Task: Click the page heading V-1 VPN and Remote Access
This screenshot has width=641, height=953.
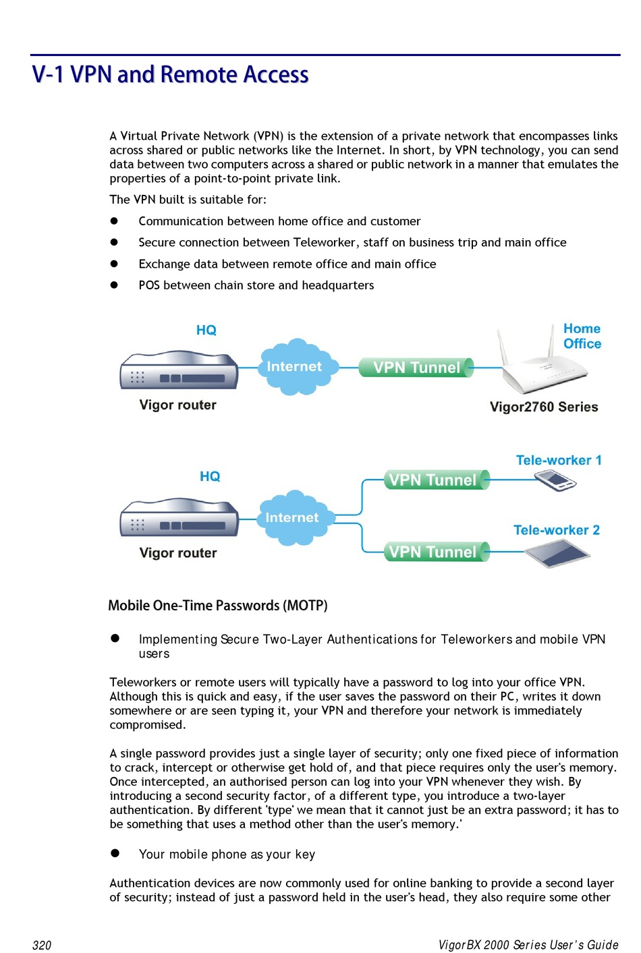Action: (170, 74)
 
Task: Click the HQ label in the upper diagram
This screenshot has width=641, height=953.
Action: (206, 330)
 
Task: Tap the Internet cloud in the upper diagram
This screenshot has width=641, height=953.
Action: (294, 367)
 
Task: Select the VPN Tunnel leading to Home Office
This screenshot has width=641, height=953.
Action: (416, 368)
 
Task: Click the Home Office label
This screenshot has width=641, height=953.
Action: (582, 336)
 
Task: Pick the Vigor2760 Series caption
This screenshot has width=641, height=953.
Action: (543, 407)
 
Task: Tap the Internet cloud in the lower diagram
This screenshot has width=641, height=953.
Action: (291, 517)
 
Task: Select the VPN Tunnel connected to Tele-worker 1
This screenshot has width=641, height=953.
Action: (433, 480)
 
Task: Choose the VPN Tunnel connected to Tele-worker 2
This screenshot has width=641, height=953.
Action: (433, 552)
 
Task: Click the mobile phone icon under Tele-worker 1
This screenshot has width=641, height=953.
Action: (555, 480)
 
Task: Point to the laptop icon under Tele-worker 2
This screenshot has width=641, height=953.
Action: (558, 554)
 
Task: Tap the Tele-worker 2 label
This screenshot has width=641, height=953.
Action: (556, 530)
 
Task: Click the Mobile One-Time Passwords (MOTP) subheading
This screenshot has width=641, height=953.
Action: (218, 606)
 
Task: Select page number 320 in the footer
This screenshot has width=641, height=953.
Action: (42, 945)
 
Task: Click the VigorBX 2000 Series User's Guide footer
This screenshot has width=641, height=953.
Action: (528, 945)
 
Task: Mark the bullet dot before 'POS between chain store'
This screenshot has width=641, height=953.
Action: (115, 285)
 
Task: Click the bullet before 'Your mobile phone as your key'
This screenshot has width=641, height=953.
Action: (115, 853)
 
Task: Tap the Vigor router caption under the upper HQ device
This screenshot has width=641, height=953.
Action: (177, 405)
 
